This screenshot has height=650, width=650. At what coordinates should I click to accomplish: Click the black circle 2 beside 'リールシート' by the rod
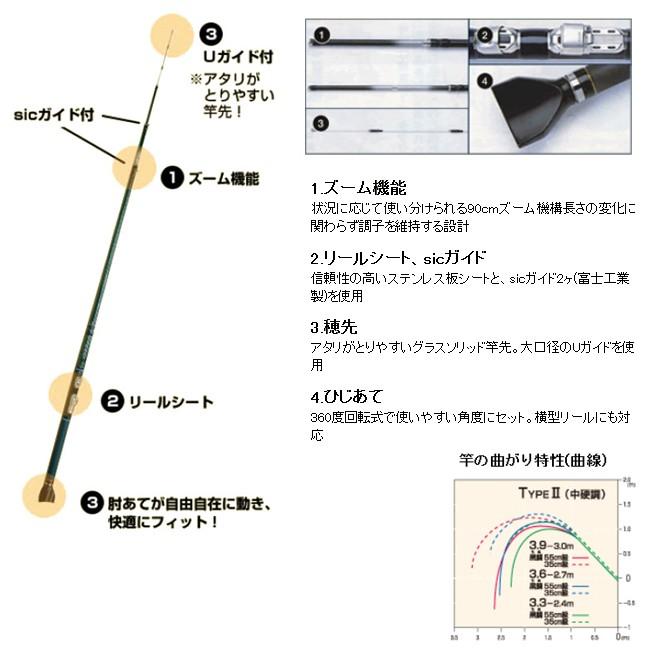pyautogui.click(x=113, y=402)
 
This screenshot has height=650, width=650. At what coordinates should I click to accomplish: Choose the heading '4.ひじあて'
pyautogui.click(x=347, y=397)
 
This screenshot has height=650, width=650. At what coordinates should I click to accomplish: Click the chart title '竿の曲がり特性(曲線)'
pyautogui.click(x=532, y=460)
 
